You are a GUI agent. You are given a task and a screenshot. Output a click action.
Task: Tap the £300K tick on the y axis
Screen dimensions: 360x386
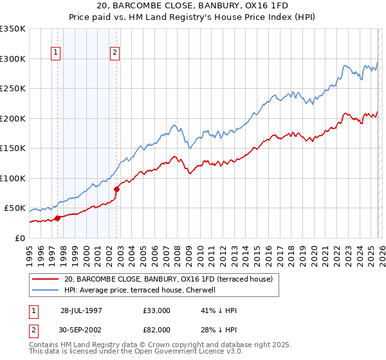12,59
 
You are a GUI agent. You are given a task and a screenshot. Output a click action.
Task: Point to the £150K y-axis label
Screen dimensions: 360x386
12,148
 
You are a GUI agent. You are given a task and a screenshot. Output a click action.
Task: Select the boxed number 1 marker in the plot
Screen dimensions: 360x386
57,53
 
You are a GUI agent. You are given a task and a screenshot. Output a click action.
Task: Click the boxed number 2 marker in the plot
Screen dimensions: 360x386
115,53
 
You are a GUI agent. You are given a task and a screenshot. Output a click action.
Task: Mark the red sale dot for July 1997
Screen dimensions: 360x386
58,218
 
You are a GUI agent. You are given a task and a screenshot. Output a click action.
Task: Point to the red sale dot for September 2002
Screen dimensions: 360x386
117,189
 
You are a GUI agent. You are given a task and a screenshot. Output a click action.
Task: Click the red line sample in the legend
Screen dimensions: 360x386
45,279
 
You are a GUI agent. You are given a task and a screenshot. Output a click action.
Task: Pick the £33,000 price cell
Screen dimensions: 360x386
157,310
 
